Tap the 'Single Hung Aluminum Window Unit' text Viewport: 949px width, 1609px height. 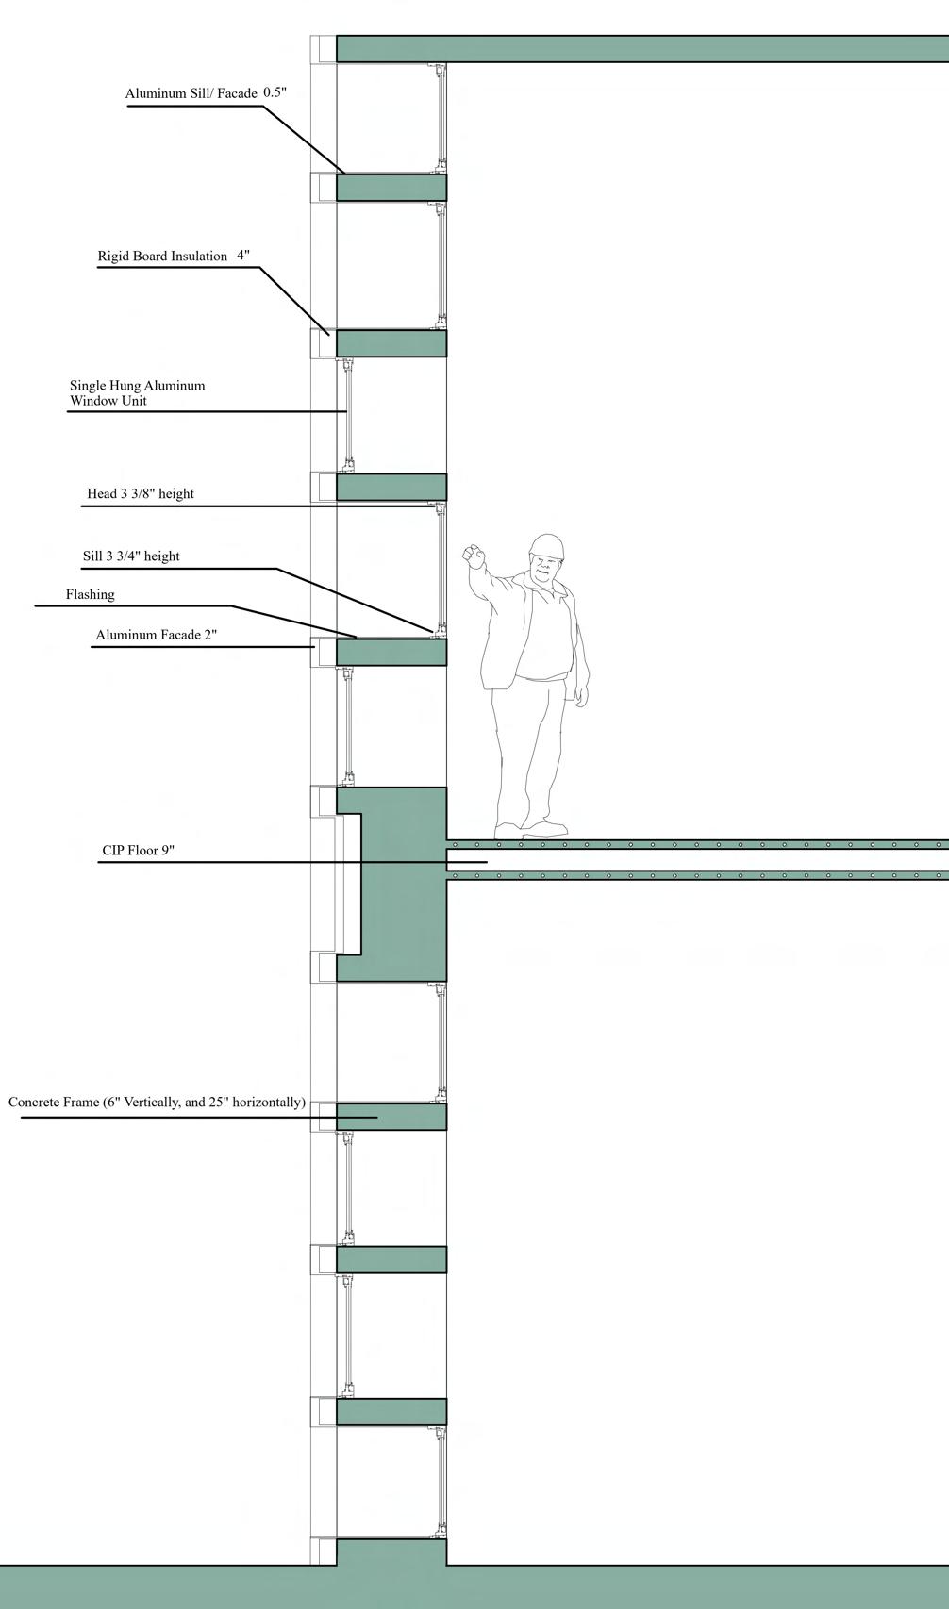click(137, 392)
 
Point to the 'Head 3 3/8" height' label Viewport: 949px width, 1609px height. click(141, 493)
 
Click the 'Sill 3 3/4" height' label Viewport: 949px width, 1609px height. click(131, 556)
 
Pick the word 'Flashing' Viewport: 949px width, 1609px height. click(90, 594)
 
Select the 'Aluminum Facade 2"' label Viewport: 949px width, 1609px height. click(156, 635)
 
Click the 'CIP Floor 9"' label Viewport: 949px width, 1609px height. click(138, 850)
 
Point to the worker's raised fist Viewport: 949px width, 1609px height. click(472, 554)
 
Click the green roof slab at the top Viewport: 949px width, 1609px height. click(641, 49)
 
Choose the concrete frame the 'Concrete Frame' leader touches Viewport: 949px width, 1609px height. click(391, 1117)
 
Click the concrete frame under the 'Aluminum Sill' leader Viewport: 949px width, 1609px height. click(391, 188)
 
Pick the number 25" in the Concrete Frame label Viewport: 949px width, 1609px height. click(219, 1102)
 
